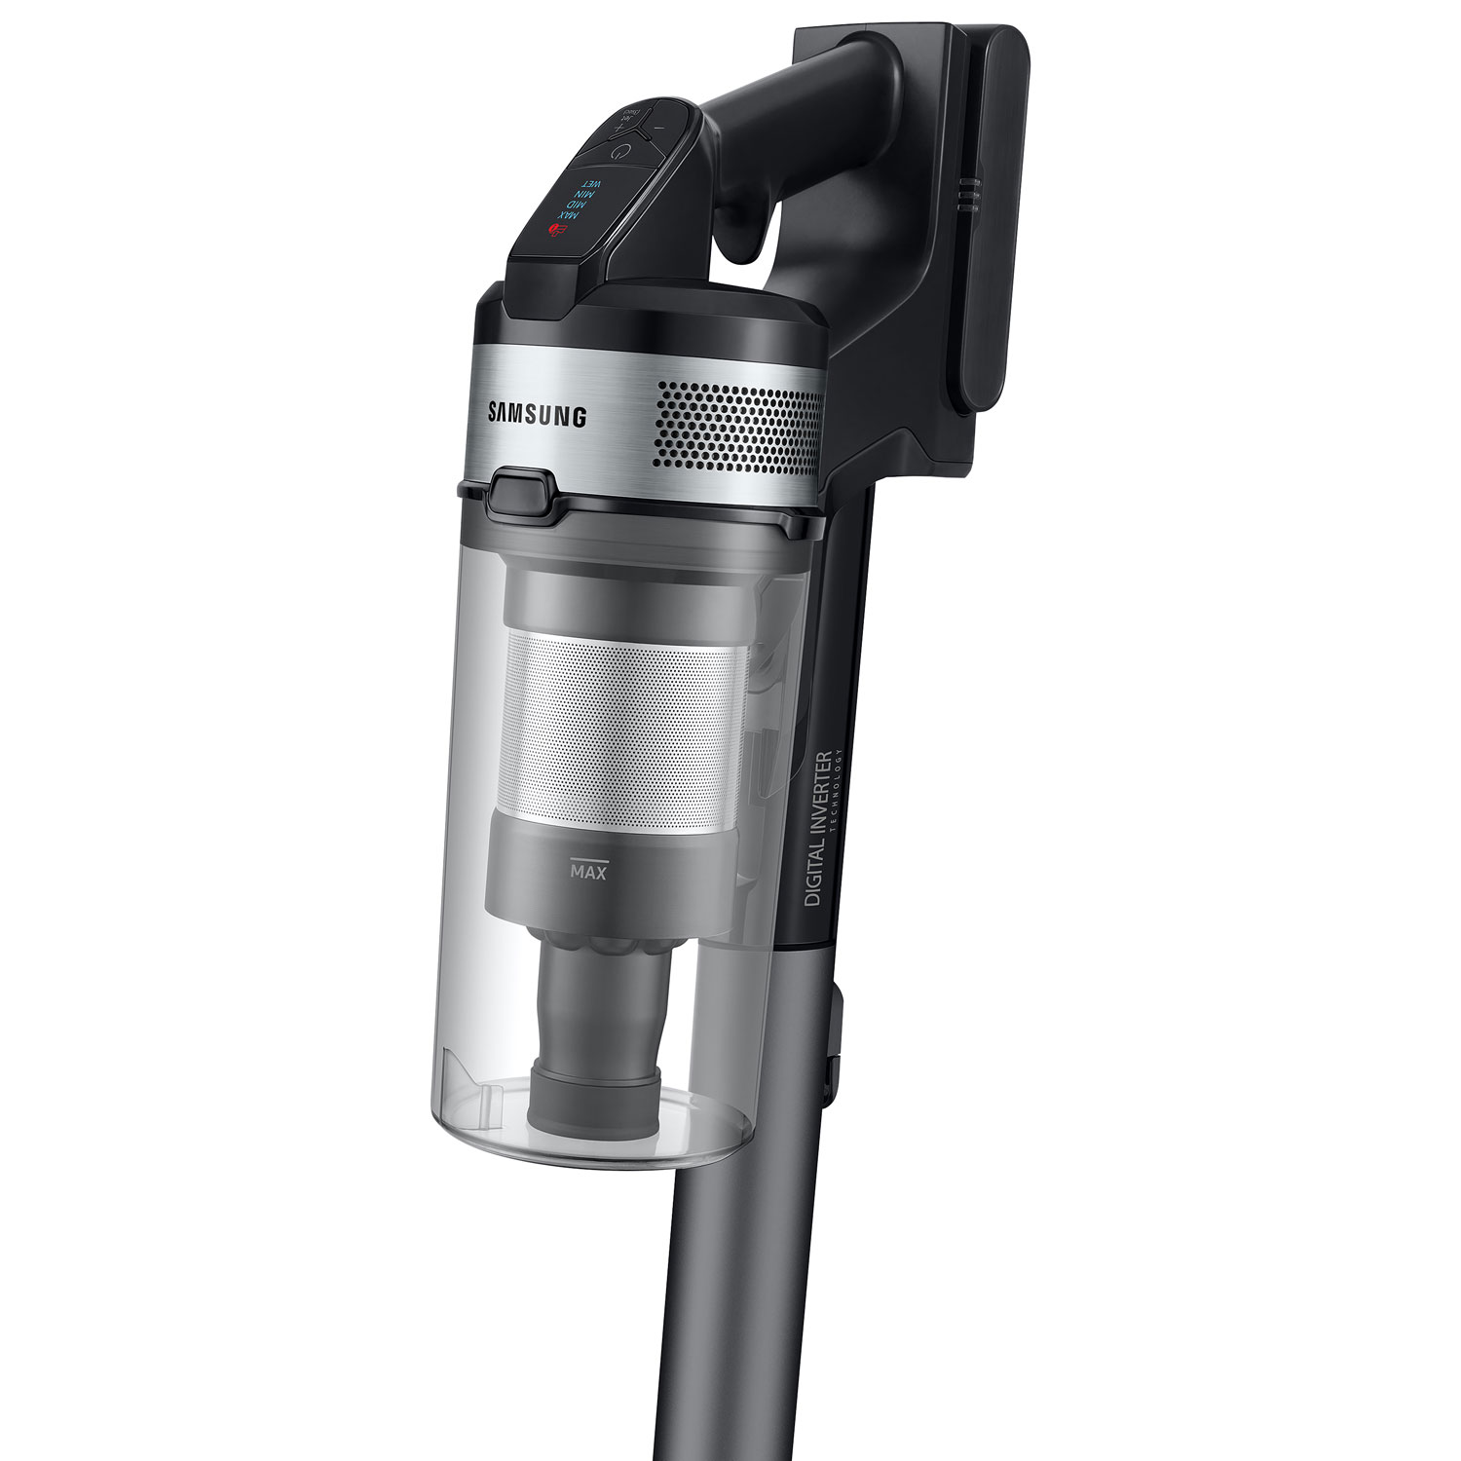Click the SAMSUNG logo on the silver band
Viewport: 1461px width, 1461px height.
(538, 416)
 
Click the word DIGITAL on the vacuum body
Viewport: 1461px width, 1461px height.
(814, 873)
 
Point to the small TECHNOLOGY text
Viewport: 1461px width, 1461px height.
(835, 799)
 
